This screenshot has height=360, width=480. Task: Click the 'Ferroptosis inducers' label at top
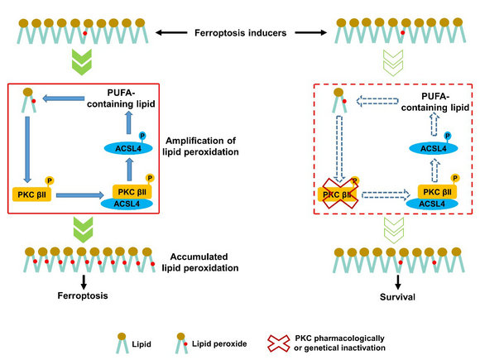(240, 33)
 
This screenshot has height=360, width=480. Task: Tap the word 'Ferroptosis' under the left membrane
(83, 295)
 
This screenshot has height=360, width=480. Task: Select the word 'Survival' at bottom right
(397, 296)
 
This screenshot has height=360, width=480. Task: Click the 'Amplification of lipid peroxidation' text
(200, 146)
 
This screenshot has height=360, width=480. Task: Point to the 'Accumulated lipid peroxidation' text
(200, 262)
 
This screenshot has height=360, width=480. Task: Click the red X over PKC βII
(340, 194)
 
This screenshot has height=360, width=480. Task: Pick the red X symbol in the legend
(279, 343)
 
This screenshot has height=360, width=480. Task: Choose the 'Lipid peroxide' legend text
(219, 343)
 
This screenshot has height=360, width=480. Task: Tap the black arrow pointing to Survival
(397, 282)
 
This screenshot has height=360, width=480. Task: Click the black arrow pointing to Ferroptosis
(84, 282)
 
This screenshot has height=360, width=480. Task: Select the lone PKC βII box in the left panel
(31, 194)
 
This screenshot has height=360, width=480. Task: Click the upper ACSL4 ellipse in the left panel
(128, 148)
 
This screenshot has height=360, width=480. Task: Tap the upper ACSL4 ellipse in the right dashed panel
(434, 148)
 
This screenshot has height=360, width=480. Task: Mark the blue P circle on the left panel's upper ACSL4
(142, 136)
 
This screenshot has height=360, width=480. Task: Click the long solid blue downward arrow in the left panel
(27, 150)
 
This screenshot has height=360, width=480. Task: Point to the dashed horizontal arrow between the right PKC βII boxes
(386, 194)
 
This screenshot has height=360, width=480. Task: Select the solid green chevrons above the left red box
(82, 62)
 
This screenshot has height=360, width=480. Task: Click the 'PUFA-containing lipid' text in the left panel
(121, 98)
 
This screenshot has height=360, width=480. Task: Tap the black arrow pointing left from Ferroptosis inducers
(171, 32)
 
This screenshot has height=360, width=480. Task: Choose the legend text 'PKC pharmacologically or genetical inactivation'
(339, 343)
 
